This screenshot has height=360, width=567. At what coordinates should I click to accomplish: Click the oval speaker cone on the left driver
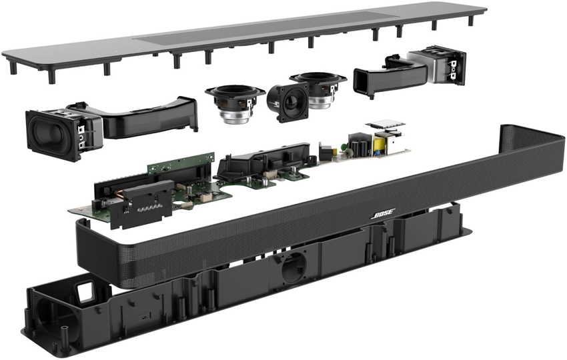coord(47,134)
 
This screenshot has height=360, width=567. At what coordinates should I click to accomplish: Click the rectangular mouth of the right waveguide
coord(362,81)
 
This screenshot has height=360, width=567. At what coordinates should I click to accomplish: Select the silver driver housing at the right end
coord(423,67)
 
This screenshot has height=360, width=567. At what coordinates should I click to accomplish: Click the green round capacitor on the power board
coord(344,147)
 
